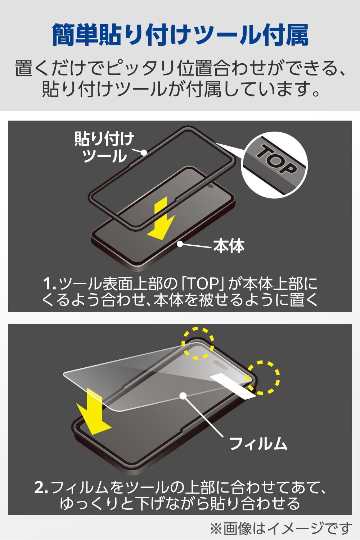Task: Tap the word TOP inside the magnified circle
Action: tap(275, 159)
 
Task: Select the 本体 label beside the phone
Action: tap(229, 246)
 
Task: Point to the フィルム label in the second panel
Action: tap(258, 443)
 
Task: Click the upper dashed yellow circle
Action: tap(198, 343)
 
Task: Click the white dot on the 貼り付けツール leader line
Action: tap(144, 153)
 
